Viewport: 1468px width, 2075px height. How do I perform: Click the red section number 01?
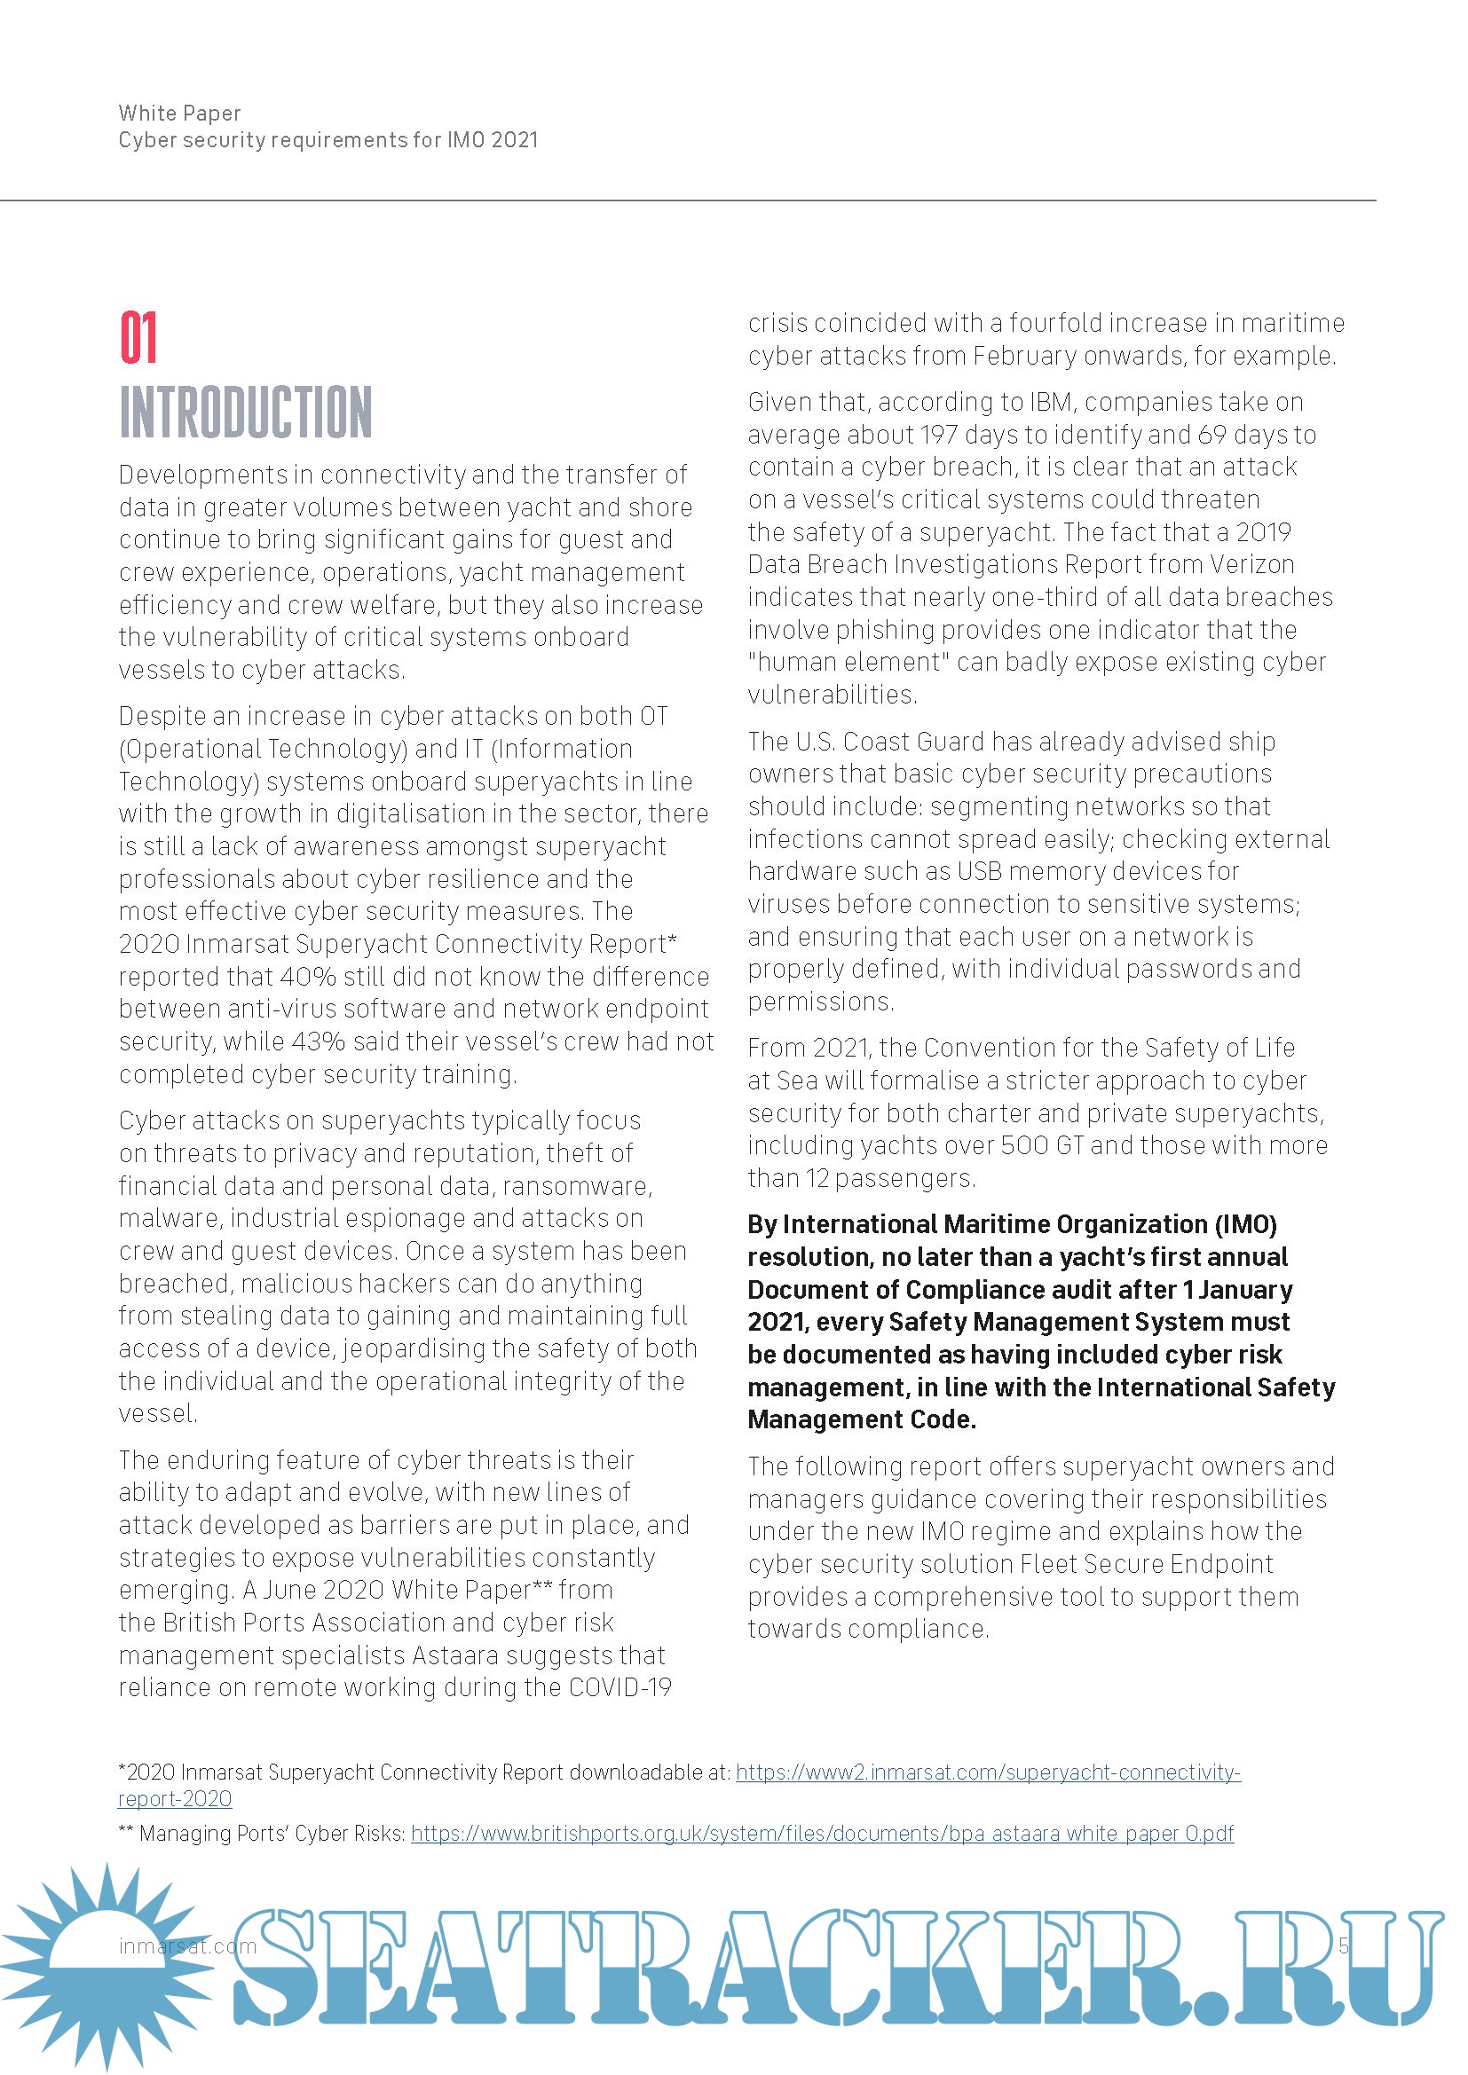tap(138, 338)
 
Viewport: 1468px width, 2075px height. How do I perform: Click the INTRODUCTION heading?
tap(245, 413)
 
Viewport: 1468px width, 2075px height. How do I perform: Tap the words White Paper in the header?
tap(179, 113)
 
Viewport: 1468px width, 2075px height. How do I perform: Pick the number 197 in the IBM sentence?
tap(938, 435)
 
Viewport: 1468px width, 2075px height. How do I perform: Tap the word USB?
tap(980, 871)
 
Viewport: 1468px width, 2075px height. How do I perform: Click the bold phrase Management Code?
tap(862, 1419)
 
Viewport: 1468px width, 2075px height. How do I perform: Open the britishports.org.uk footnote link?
tap(822, 1834)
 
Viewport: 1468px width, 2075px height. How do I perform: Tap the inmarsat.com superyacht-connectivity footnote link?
tap(987, 1772)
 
